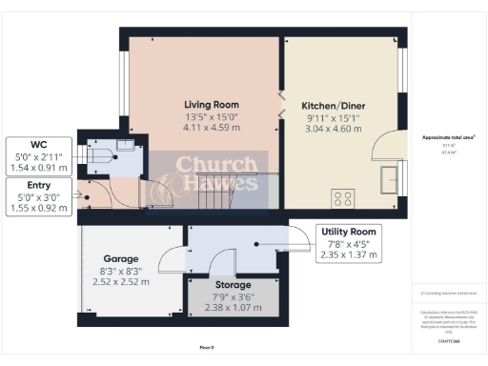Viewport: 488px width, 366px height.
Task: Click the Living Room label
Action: point(212,104)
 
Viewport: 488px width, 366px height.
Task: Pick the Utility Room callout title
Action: point(351,232)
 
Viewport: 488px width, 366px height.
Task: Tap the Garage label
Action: point(121,258)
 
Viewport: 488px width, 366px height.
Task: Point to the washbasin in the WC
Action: point(125,146)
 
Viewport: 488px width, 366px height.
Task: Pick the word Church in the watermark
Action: point(203,164)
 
